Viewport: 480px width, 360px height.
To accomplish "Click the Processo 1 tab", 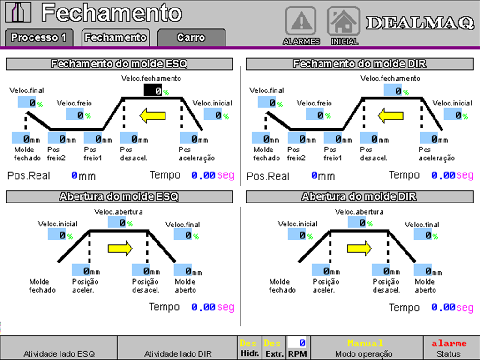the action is [x=39, y=37].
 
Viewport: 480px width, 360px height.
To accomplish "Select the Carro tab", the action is [x=191, y=37].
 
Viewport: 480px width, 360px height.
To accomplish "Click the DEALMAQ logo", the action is [x=420, y=22].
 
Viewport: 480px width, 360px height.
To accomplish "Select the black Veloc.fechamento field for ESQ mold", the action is [x=153, y=90].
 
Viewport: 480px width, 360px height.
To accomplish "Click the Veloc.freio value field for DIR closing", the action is [x=315, y=114].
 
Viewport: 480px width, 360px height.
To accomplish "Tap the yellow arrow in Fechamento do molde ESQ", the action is [x=152, y=115].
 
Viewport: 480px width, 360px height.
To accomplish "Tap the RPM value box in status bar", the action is [x=297, y=343].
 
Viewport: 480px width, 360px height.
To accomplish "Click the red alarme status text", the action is [x=449, y=344].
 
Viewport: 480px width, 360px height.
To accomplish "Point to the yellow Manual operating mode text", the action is [x=365, y=343].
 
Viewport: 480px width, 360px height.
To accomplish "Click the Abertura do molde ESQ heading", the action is [x=119, y=196].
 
